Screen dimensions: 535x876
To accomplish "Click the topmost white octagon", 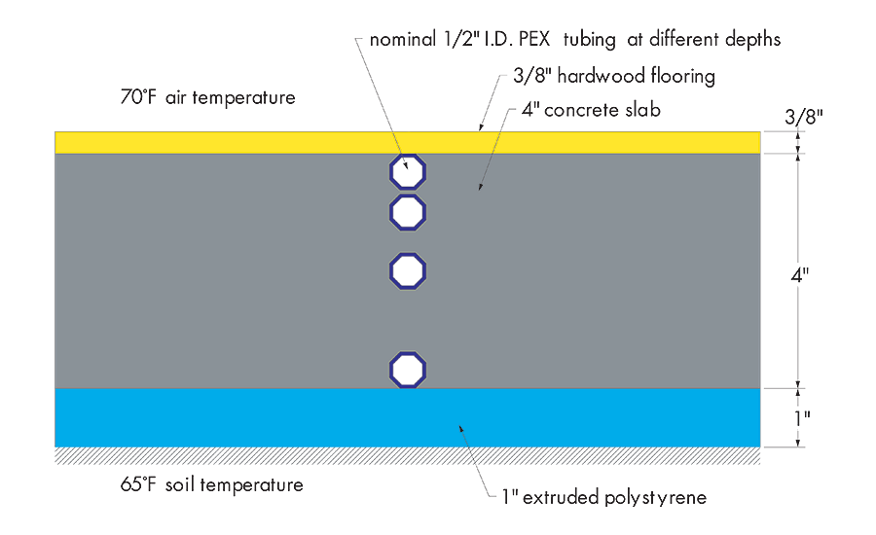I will point(408,172).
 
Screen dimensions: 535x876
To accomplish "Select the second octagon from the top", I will point(408,211).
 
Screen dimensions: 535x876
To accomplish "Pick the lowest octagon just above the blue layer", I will point(408,370).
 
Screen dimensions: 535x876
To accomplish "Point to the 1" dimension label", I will point(800,418).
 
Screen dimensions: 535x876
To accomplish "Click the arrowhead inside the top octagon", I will point(406,165).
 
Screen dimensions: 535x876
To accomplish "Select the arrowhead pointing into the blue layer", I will point(461,427).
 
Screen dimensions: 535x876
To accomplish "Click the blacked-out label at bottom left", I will point(211,490).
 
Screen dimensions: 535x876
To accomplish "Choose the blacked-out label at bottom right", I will point(601,490).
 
